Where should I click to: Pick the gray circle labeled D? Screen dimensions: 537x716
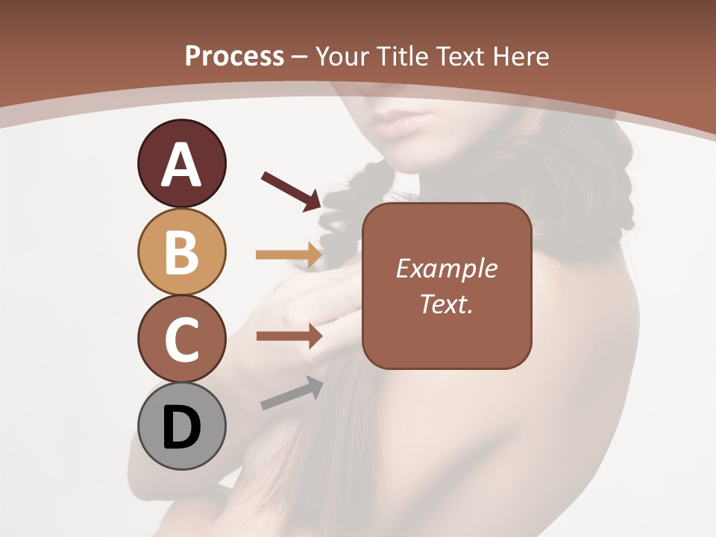(x=181, y=427)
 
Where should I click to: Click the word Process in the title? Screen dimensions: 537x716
(x=234, y=56)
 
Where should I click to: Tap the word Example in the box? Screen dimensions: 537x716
(x=446, y=268)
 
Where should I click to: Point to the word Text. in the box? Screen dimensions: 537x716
(x=446, y=304)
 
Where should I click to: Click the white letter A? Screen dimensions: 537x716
(x=181, y=166)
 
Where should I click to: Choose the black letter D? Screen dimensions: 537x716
(x=181, y=427)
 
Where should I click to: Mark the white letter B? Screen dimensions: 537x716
(x=181, y=252)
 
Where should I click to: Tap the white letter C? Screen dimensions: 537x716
(x=181, y=340)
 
